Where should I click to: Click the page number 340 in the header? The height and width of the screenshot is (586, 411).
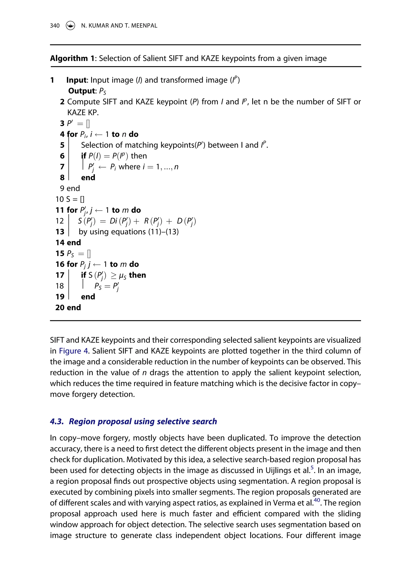click(55, 25)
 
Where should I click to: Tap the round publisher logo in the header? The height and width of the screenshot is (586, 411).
click(70, 25)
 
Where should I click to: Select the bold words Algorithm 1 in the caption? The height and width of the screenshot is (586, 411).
click(72, 58)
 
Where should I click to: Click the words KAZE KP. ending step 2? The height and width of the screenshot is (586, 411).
click(83, 113)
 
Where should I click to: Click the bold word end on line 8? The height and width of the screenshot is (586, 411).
click(88, 178)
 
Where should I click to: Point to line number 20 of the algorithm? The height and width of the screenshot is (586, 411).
click(60, 307)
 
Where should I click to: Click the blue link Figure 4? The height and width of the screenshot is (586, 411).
click(73, 351)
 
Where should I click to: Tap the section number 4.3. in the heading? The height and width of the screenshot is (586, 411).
click(57, 421)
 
